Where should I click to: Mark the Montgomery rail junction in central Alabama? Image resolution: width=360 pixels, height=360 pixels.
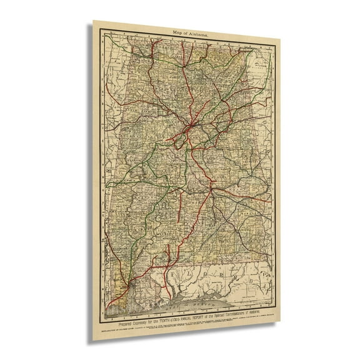pos(211,187)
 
